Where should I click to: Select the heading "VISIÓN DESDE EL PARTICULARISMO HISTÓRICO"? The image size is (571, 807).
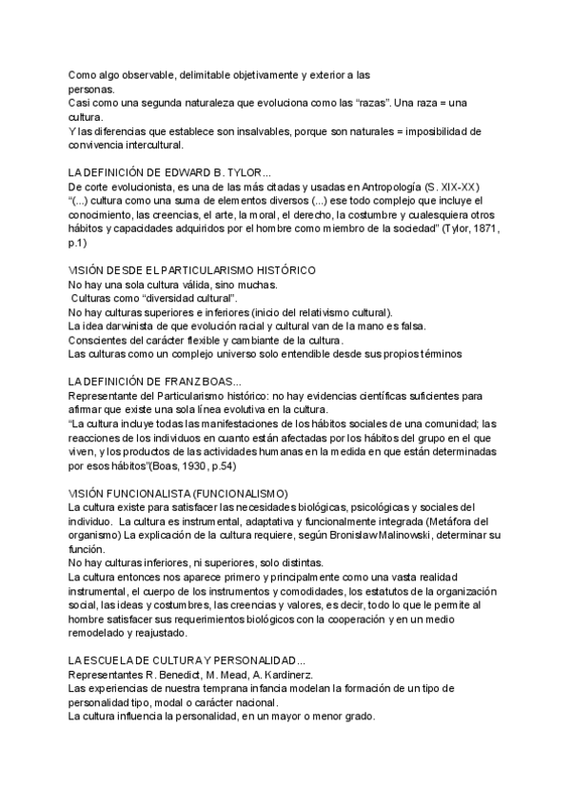[x=192, y=270]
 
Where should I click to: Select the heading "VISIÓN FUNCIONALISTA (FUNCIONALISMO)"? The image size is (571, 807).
[x=178, y=493]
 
